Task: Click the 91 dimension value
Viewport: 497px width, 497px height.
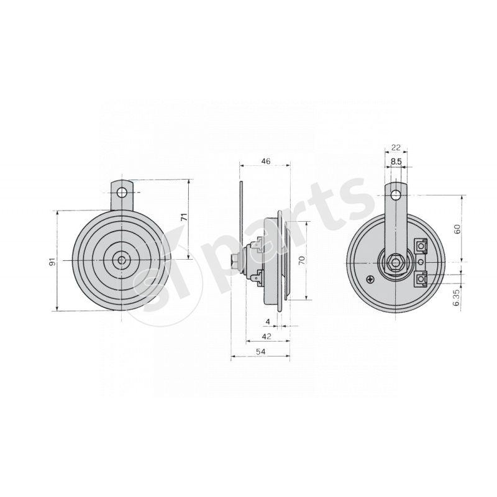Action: click(53, 262)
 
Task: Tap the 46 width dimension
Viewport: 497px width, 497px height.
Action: click(266, 162)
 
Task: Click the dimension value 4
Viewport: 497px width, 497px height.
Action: click(267, 322)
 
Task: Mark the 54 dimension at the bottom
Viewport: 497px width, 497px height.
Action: click(261, 352)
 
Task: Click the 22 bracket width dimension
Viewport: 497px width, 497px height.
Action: click(396, 148)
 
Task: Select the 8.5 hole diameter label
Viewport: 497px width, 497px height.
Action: click(396, 162)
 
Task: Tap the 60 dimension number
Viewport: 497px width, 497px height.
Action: click(457, 229)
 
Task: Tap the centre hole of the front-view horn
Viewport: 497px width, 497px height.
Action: click(122, 260)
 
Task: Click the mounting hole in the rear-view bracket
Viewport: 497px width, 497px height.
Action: click(396, 195)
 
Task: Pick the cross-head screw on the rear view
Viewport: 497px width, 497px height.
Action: click(371, 278)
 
